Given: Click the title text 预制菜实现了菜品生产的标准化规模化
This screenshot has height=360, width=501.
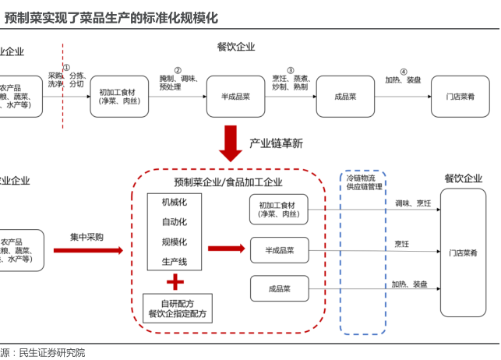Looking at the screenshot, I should point(111,16).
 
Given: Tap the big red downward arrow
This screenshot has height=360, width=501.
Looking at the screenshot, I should point(231,142).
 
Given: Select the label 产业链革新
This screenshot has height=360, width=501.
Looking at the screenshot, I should point(276,143).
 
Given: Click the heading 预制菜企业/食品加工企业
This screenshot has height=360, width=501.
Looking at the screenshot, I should point(228,182).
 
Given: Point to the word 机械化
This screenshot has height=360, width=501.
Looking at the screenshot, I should point(175,202).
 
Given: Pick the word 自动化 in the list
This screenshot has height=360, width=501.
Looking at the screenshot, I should point(175,222).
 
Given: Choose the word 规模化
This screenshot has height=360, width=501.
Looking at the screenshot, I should point(175,242).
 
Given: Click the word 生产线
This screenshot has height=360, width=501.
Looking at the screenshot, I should point(175,261).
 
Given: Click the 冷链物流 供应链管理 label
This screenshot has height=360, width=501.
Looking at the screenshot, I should point(365,182).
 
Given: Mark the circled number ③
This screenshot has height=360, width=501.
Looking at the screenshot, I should point(291,69).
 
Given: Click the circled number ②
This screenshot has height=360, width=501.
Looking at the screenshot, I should point(178,69).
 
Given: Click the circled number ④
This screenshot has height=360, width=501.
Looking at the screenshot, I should point(404,70).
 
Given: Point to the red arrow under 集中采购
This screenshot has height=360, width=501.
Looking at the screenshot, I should point(88,250).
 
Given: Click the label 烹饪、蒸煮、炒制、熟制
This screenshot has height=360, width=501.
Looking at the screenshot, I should point(291,83).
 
